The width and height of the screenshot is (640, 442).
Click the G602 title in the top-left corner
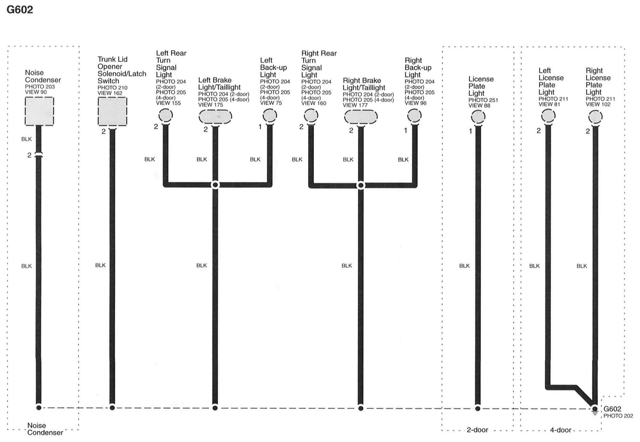click(x=20, y=10)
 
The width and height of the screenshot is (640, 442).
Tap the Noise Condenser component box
click(x=39, y=111)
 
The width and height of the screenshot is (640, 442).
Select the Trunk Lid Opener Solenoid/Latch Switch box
click(x=112, y=111)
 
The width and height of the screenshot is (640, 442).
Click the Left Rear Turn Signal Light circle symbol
click(x=165, y=115)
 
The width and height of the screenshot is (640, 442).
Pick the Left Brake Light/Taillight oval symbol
click(x=215, y=117)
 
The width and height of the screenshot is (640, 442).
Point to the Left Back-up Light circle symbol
click(x=270, y=115)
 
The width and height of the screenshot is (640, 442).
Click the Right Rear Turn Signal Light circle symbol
click(x=311, y=115)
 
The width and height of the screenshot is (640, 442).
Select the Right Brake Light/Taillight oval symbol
click(x=361, y=117)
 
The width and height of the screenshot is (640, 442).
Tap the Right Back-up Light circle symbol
click(x=414, y=115)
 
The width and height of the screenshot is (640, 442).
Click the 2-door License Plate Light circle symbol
click(x=478, y=117)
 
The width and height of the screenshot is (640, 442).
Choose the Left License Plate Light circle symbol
click(x=548, y=116)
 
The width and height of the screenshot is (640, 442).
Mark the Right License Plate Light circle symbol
click(x=595, y=117)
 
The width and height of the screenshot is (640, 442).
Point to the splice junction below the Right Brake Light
click(x=361, y=185)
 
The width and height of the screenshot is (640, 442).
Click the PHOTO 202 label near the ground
click(x=618, y=416)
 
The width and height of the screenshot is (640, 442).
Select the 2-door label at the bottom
click(x=477, y=430)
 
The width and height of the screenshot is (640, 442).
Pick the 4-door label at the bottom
click(x=560, y=430)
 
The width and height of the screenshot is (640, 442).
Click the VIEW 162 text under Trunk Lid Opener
click(x=110, y=93)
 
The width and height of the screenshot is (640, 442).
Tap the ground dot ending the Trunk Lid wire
click(x=112, y=408)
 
